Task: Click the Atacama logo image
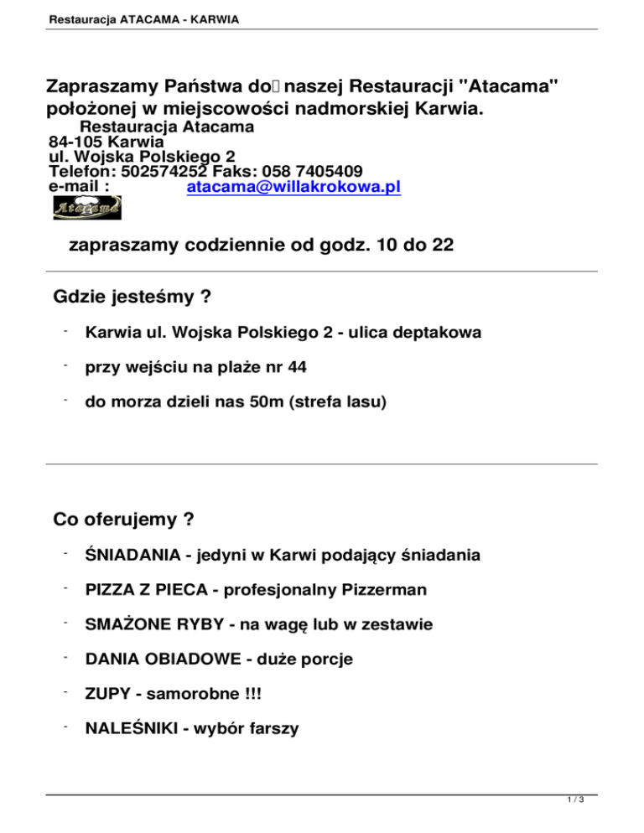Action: pyautogui.click(x=87, y=207)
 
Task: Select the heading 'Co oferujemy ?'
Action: pyautogui.click(x=124, y=520)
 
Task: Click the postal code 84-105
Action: pyautogui.click(x=79, y=142)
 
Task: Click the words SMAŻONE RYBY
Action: pyautogui.click(x=147, y=624)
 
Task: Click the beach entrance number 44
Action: pyautogui.click(x=296, y=367)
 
